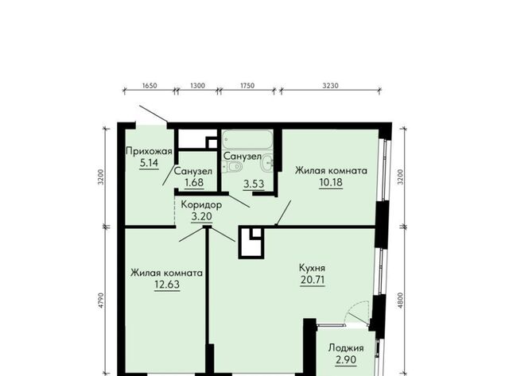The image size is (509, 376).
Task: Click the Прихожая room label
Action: tap(149, 152)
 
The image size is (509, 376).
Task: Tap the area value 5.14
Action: tap(149, 162)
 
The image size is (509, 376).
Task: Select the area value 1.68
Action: tap(194, 182)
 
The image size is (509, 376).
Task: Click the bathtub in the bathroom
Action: tap(247, 139)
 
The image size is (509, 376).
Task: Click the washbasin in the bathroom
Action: tap(267, 161)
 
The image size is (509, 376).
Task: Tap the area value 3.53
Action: tap(254, 184)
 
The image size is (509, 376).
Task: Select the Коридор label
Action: tap(201, 205)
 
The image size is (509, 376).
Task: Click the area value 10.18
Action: tap(331, 182)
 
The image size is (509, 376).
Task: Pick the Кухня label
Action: tap(312, 269)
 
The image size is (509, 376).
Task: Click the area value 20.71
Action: tap(313, 280)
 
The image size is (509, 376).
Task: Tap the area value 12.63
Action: tap(167, 285)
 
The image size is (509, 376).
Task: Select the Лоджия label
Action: tap(346, 348)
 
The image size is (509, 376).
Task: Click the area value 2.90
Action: tap(346, 360)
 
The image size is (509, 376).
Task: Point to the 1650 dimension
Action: tap(150, 86)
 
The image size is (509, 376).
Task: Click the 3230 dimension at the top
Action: tap(331, 86)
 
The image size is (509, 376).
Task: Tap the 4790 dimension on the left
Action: tap(101, 300)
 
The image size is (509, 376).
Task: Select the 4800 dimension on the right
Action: tap(401, 300)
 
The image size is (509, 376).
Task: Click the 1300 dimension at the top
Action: tap(197, 86)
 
